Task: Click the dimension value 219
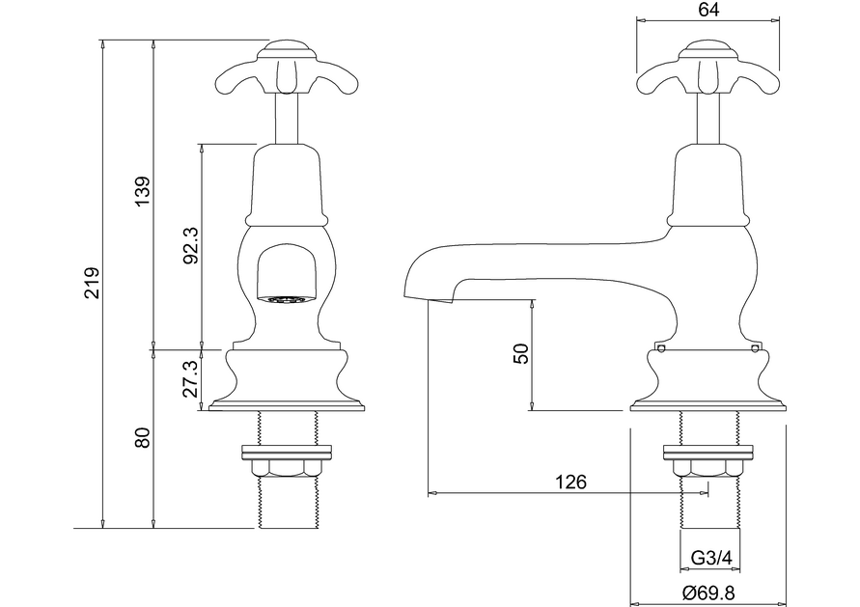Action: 91,284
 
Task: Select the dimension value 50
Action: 522,353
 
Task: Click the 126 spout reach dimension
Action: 570,482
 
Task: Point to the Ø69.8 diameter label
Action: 709,593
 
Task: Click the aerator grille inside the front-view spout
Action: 287,300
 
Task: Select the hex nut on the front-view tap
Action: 287,467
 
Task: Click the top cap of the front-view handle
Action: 287,44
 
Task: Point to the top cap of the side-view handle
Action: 708,44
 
